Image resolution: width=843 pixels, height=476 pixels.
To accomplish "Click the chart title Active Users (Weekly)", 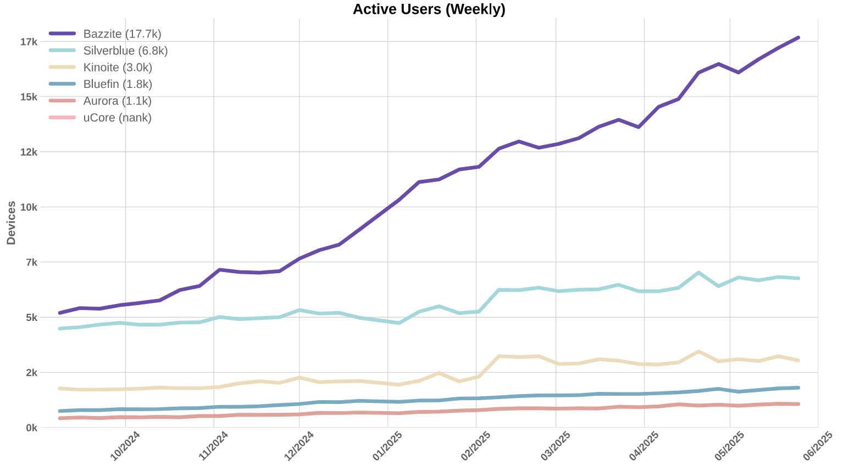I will tap(429, 9).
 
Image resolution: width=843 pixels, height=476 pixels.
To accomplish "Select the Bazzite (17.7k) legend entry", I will tap(122, 34).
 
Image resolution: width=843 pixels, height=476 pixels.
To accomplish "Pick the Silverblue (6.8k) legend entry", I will tap(125, 51).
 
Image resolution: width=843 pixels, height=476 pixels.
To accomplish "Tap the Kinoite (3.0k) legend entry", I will tap(118, 68).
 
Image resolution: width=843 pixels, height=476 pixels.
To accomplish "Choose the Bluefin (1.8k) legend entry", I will tap(118, 84).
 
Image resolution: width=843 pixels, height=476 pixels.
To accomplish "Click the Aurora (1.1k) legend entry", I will tap(117, 101).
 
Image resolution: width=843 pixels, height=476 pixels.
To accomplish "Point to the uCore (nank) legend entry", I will tap(117, 118).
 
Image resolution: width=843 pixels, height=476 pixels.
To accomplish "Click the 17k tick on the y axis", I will tap(28, 42).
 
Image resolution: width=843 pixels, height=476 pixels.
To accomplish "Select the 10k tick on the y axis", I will tap(28, 207).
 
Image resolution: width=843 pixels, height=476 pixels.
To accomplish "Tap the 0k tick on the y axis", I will tap(31, 428).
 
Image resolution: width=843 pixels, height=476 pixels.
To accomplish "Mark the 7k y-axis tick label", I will tap(31, 262).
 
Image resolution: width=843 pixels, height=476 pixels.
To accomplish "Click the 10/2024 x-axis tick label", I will tap(126, 446).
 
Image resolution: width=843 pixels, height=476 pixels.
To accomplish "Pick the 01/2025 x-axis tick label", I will tap(388, 446).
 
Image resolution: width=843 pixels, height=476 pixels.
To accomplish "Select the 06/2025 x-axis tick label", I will tap(818, 446).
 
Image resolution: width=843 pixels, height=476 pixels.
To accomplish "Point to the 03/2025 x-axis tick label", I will tap(556, 446).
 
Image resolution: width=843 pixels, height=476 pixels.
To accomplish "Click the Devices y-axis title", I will tap(11, 223).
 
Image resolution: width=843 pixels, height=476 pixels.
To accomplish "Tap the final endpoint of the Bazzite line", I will tap(798, 37).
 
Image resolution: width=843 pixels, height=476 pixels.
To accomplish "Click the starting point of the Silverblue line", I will tap(59, 329).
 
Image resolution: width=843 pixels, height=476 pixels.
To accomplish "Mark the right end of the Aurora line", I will tap(798, 404).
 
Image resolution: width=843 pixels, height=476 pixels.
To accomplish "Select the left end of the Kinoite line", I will tap(59, 388).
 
